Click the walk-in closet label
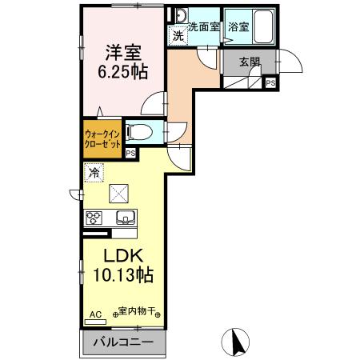[x=102, y=141]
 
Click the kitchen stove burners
[x=93, y=217]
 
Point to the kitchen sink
[x=126, y=217]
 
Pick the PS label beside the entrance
[x=270, y=82]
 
